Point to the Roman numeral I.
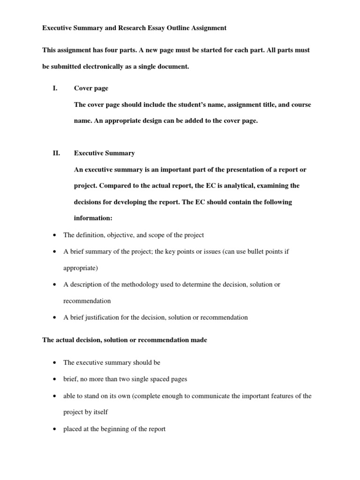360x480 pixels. point(55,88)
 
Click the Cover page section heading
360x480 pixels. point(91,88)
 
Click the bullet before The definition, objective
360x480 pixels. point(55,235)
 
